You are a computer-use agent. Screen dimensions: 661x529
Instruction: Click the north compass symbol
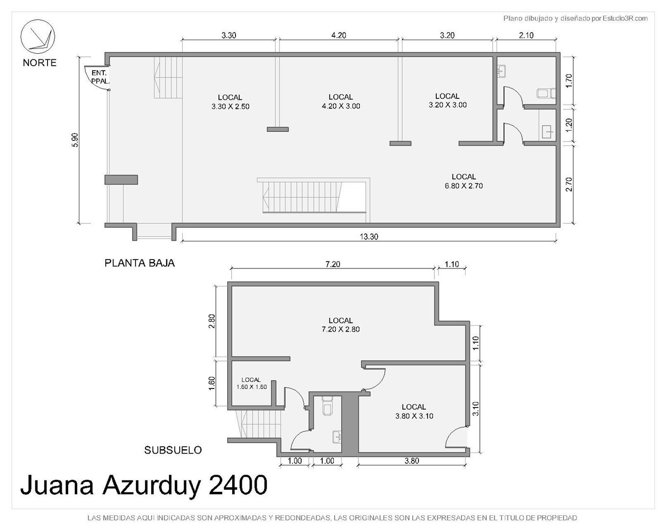38,37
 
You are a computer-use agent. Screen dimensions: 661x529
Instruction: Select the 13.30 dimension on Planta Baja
369,237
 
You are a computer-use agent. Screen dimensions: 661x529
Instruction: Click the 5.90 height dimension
75,140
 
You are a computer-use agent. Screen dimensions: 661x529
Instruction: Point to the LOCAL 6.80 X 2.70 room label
464,181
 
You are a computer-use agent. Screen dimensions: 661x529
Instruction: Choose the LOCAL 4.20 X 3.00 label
341,101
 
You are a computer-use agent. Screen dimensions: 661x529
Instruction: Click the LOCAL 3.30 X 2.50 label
230,102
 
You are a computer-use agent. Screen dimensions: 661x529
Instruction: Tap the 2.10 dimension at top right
526,35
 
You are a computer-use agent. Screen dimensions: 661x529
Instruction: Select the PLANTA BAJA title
140,263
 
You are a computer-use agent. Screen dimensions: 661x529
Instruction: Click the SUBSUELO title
173,450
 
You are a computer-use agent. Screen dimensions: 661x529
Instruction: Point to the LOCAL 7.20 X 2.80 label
341,325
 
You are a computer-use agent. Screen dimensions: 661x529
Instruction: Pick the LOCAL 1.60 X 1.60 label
251,384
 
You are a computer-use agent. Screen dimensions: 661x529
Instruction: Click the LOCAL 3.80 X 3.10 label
414,411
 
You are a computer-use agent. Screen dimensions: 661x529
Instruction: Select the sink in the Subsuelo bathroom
337,437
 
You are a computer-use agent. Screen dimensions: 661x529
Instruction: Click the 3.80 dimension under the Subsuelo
412,461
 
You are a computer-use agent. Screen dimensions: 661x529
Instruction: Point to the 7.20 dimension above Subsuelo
332,264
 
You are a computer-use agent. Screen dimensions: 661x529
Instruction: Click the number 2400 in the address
238,485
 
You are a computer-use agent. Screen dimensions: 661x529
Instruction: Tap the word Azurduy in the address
151,486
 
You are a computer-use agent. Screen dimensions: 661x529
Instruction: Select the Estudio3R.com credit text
625,19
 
